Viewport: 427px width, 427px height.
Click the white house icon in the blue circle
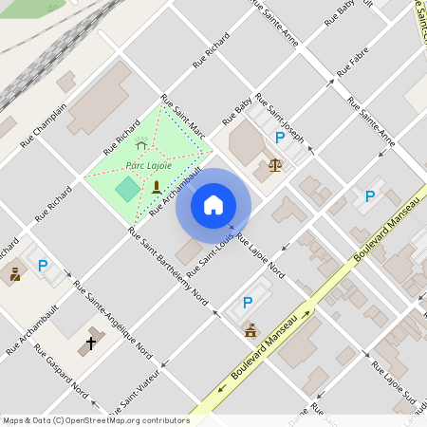click(x=213, y=204)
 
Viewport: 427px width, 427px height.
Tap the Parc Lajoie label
click(x=149, y=165)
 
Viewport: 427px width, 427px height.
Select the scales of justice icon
click(x=275, y=164)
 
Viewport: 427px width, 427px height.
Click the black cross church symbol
click(x=91, y=343)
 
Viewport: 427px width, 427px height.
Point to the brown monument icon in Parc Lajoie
click(x=157, y=186)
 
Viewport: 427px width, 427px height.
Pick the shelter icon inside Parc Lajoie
click(x=141, y=144)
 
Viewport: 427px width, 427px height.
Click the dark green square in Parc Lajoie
click(x=126, y=188)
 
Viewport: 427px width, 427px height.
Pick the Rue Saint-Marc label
click(x=183, y=115)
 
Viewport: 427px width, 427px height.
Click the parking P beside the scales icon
click(x=279, y=138)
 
